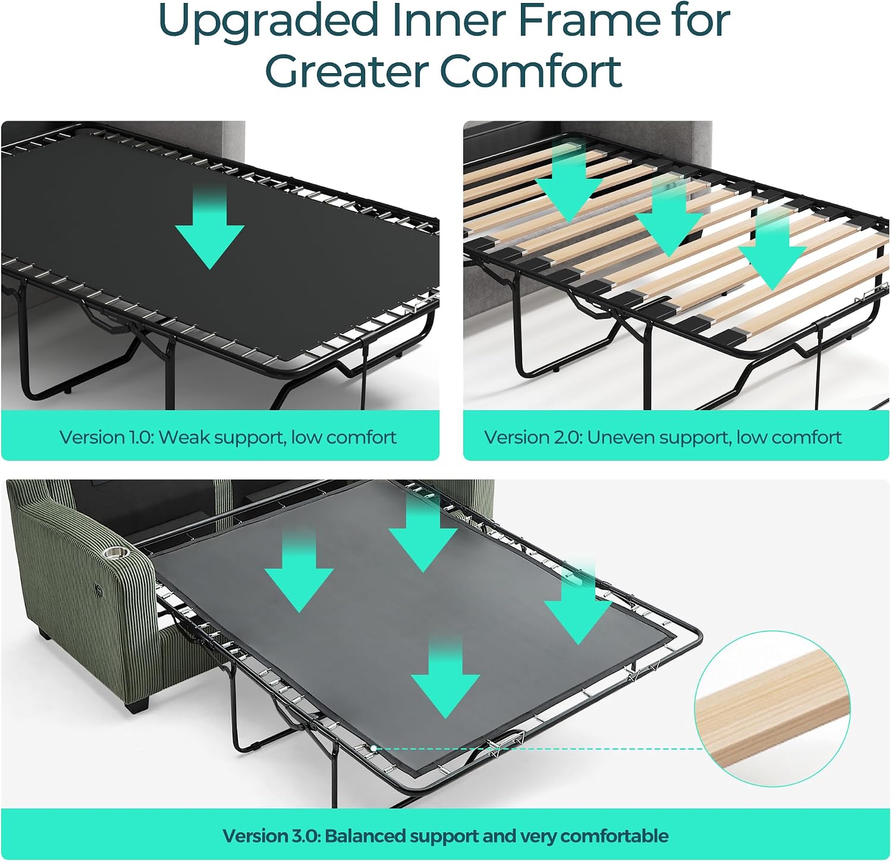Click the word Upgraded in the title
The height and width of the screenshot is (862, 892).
click(x=268, y=22)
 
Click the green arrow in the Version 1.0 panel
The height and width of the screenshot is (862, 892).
click(x=210, y=226)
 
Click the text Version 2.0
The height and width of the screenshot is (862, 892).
click(x=533, y=438)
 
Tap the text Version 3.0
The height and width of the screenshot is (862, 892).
click(x=272, y=836)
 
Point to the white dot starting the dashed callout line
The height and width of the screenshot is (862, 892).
click(x=373, y=748)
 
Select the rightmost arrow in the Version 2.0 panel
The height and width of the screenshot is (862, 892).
click(x=772, y=250)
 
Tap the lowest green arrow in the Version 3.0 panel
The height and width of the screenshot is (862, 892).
click(x=445, y=677)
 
